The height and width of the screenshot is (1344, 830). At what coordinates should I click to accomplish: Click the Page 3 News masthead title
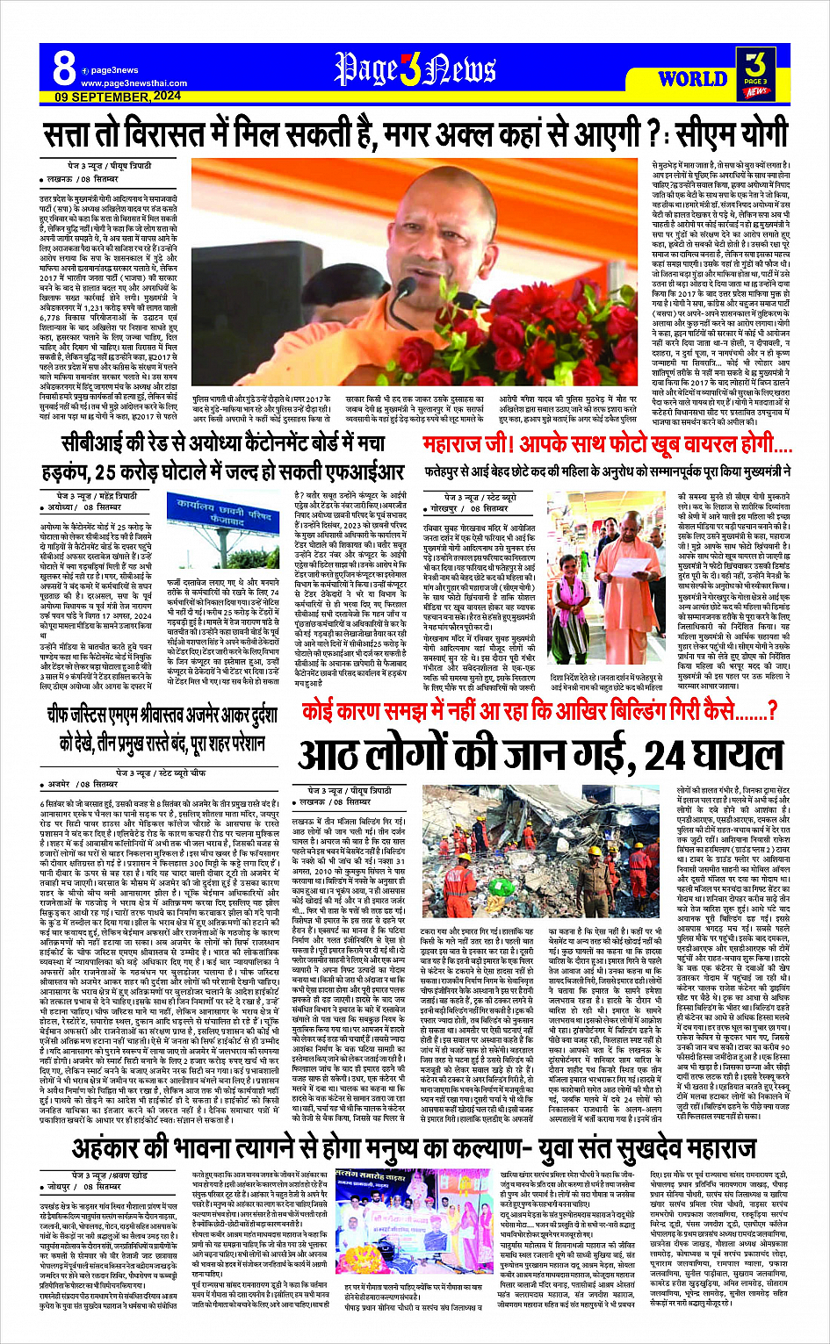coord(415,69)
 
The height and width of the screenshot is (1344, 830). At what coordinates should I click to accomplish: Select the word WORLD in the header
coord(692,79)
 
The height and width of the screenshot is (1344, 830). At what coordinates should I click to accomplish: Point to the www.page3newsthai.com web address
coord(134,83)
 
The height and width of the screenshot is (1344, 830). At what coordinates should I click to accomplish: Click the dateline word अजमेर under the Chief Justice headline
coord(59,783)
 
